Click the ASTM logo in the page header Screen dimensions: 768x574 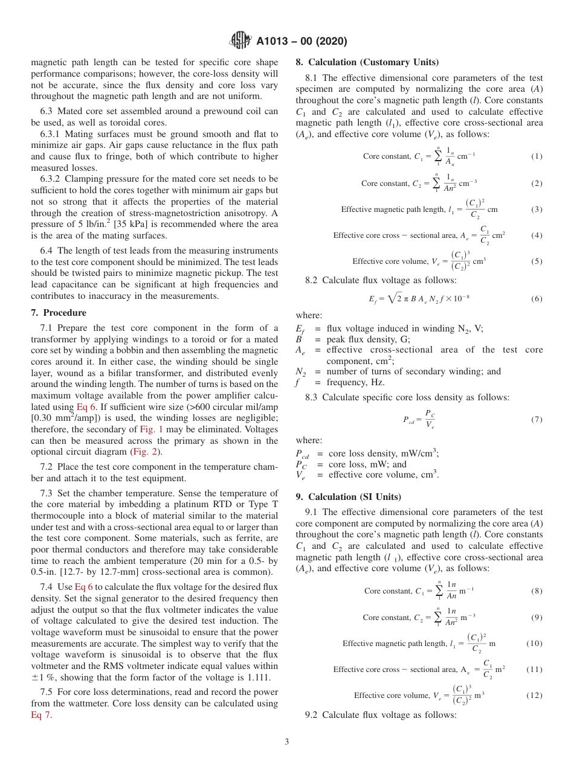pos(240,42)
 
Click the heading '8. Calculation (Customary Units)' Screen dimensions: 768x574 pos(367,62)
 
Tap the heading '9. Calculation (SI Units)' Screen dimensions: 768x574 pos(348,497)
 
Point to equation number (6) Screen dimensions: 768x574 pos(537,299)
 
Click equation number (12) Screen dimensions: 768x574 pos(534,695)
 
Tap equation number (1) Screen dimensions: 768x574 pos(537,156)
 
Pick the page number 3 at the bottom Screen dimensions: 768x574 pos(287,741)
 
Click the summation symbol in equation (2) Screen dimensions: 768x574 pos(436,184)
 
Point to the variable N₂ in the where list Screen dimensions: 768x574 pos(302,372)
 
